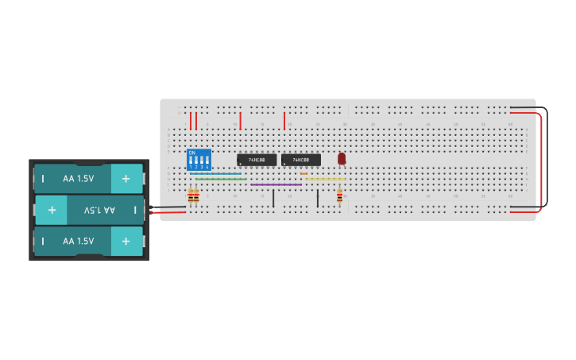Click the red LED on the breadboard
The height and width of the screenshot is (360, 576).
[x=342, y=158]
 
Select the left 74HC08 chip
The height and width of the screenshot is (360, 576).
[x=257, y=160]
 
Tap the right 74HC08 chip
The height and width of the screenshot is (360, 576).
[x=301, y=160]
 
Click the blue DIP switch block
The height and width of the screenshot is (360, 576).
[x=199, y=159]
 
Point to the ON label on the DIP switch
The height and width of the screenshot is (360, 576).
[x=192, y=153]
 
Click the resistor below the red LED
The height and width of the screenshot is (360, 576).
[x=340, y=195]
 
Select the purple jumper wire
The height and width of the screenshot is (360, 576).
[x=276, y=184]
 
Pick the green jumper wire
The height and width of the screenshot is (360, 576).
[x=220, y=180]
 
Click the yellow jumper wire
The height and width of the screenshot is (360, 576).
[x=325, y=180]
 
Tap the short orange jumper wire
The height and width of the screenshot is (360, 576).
[x=303, y=174]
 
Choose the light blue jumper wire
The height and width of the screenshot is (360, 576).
[x=215, y=174]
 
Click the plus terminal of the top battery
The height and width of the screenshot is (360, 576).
[x=126, y=179]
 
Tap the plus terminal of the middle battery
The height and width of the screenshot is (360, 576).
[x=52, y=210]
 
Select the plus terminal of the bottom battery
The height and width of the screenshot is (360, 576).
[x=126, y=241]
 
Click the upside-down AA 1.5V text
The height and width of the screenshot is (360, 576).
[x=99, y=210]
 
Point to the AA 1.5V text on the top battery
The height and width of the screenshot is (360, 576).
[x=79, y=179]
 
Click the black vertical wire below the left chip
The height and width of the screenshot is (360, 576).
[x=273, y=197]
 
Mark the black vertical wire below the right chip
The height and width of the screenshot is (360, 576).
[x=318, y=197]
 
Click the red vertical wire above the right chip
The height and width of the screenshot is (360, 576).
[x=284, y=121]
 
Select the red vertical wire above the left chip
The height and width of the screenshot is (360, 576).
[x=240, y=121]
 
